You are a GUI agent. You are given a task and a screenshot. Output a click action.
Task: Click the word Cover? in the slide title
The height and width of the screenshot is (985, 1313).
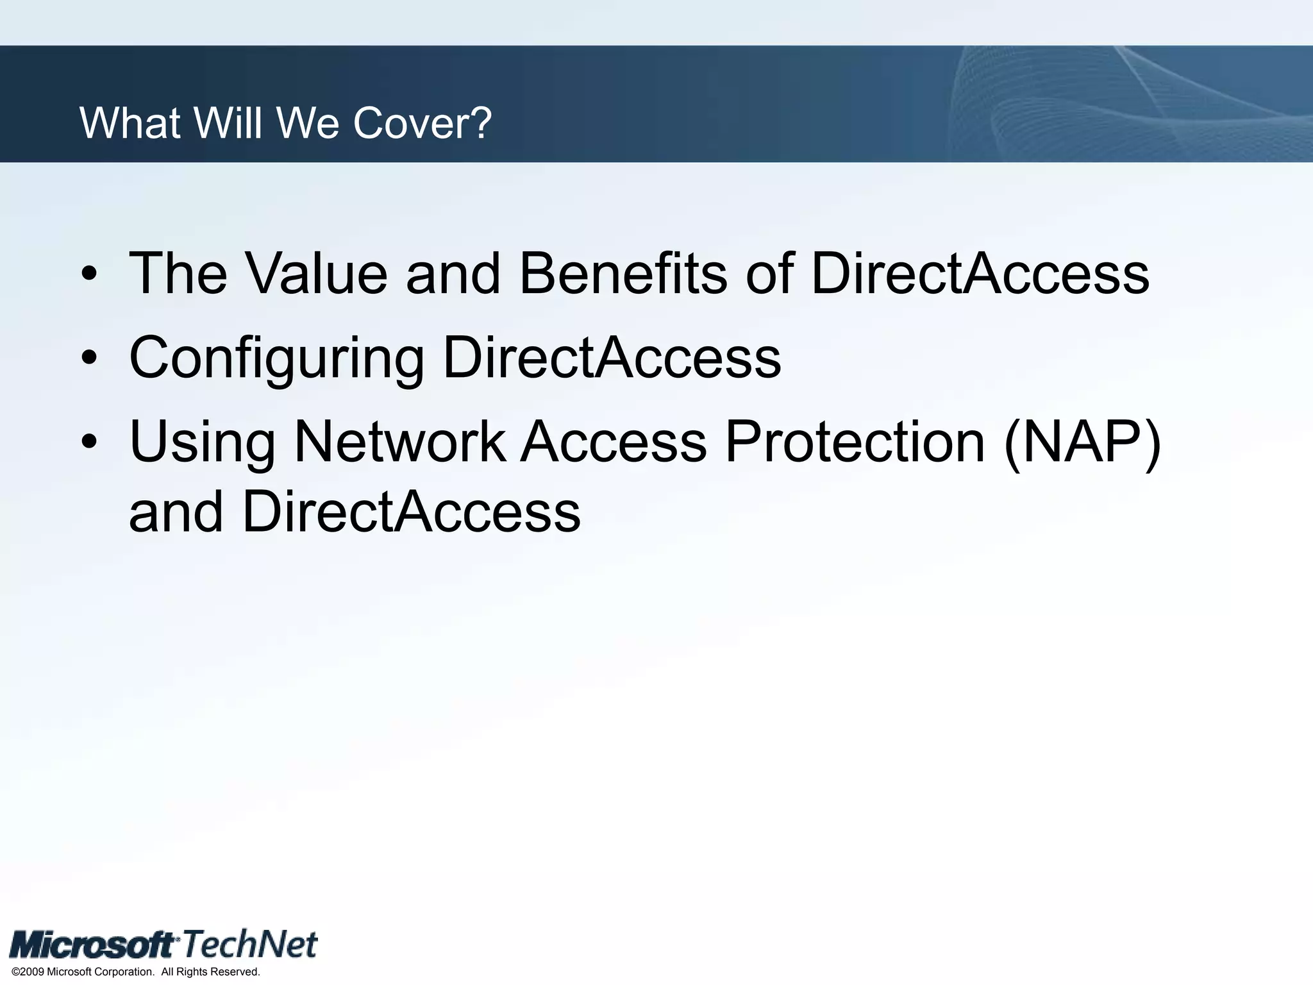422,122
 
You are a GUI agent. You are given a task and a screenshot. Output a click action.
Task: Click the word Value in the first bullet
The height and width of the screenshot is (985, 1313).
317,274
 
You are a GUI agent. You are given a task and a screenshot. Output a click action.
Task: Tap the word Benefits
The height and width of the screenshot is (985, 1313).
623,274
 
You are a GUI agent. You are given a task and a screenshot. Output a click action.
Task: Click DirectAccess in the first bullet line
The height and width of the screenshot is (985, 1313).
980,274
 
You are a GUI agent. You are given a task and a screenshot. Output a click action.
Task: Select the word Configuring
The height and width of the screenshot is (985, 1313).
276,359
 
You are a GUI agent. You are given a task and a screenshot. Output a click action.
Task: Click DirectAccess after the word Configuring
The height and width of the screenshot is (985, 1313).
612,358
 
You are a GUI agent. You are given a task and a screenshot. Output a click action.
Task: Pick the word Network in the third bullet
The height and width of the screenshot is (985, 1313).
399,442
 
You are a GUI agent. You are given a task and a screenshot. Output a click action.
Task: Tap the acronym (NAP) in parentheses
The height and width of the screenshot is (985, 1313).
1082,443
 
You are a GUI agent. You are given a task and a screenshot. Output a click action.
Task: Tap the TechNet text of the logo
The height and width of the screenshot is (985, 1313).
250,945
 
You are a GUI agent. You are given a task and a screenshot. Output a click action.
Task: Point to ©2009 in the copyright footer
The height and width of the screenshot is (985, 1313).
28,972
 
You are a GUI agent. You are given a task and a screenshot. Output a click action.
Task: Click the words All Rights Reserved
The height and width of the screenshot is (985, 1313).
210,972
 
